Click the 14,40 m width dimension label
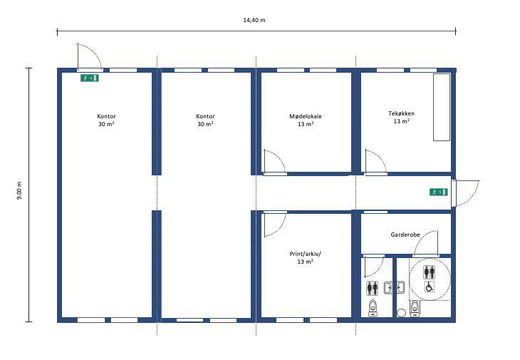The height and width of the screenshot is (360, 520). pos(254,20)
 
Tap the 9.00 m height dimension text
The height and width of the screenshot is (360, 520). pos(19,190)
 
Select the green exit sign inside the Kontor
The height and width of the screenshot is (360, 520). pos(90,78)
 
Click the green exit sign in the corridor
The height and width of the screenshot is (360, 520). pos(438,192)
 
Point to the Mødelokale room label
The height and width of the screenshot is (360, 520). pos(306,116)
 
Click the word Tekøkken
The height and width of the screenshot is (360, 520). pos(401,113)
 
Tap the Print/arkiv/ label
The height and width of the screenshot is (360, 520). pos(305,254)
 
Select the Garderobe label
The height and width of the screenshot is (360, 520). pos(405,235)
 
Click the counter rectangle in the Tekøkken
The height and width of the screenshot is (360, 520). pos(442,107)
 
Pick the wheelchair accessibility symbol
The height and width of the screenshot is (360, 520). pos(429,287)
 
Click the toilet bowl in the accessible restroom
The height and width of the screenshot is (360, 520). pos(414,308)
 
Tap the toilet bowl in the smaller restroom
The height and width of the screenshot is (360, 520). pos(373,308)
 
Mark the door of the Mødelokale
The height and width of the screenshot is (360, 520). pos(274,162)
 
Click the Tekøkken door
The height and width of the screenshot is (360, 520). pos(375,162)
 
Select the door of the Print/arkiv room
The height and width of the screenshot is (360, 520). pos(274,225)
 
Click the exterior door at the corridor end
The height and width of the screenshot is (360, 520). pos(466,193)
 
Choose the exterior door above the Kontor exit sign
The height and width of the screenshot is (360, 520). pos(90,57)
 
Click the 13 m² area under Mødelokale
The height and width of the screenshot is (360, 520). pos(306,124)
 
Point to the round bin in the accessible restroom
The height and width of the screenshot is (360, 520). pos(402,312)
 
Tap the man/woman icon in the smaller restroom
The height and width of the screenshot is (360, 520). pos(373,288)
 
